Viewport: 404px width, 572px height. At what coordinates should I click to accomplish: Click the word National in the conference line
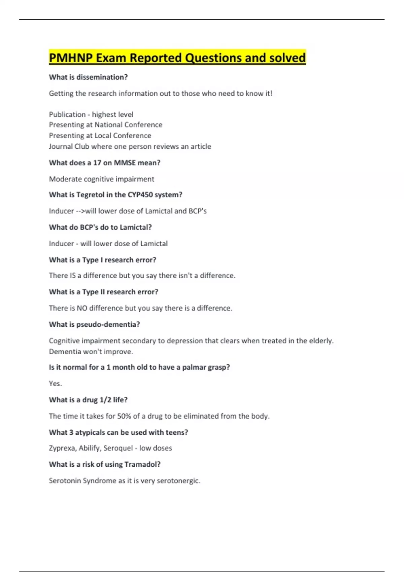pos(108,125)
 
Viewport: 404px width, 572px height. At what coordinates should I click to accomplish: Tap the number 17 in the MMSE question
pos(97,163)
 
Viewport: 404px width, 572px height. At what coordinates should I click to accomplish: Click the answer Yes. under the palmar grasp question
pos(55,384)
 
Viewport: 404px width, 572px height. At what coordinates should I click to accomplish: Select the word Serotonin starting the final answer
pos(64,481)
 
